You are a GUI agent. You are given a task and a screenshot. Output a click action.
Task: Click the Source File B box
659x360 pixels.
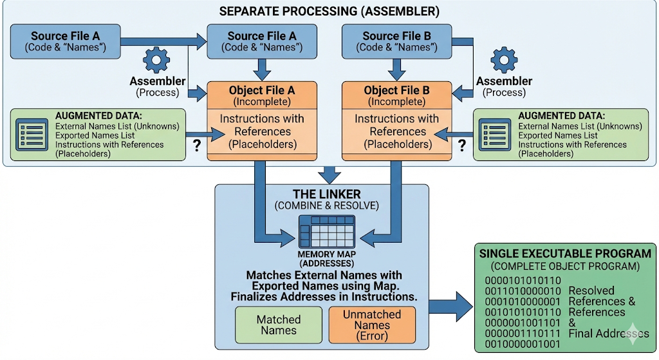pyautogui.click(x=396, y=41)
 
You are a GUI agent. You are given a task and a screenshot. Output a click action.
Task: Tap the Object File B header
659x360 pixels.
pyautogui.click(x=396, y=95)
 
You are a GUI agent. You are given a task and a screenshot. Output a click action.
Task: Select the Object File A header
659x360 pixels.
pyautogui.click(x=262, y=95)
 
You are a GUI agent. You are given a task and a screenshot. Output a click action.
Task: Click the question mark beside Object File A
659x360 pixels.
pyautogui.click(x=196, y=146)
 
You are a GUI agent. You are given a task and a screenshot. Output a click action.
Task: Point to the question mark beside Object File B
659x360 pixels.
pyautogui.click(x=462, y=146)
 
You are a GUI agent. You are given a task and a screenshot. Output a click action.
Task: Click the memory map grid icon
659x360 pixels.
pyautogui.click(x=326, y=232)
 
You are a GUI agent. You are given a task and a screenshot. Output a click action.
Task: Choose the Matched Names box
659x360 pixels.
pyautogui.click(x=279, y=325)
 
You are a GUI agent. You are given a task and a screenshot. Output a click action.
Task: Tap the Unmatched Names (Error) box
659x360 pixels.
pyautogui.click(x=372, y=325)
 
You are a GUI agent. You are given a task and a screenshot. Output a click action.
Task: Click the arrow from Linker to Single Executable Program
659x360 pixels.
pyautogui.click(x=450, y=307)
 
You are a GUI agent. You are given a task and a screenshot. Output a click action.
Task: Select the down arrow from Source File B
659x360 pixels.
pyautogui.click(x=396, y=70)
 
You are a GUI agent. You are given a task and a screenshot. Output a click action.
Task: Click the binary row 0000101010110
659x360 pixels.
pyautogui.click(x=523, y=281)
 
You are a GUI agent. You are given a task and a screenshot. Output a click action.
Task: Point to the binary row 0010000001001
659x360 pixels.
pyautogui.click(x=523, y=344)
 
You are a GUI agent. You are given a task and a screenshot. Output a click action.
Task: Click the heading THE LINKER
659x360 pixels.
pyautogui.click(x=326, y=194)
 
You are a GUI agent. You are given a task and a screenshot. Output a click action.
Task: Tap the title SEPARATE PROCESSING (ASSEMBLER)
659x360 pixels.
pyautogui.click(x=329, y=12)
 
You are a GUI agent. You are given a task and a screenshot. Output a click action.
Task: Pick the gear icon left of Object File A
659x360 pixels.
pyautogui.click(x=156, y=61)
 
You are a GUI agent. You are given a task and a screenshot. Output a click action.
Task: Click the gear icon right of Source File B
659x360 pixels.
pyautogui.click(x=504, y=61)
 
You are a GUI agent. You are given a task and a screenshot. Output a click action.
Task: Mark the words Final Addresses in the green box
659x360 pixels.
pyautogui.click(x=609, y=334)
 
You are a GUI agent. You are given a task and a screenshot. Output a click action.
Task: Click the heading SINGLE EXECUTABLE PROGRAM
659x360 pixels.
pyautogui.click(x=565, y=254)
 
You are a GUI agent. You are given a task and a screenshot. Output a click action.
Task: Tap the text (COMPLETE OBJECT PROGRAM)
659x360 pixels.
pyautogui.click(x=565, y=266)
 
